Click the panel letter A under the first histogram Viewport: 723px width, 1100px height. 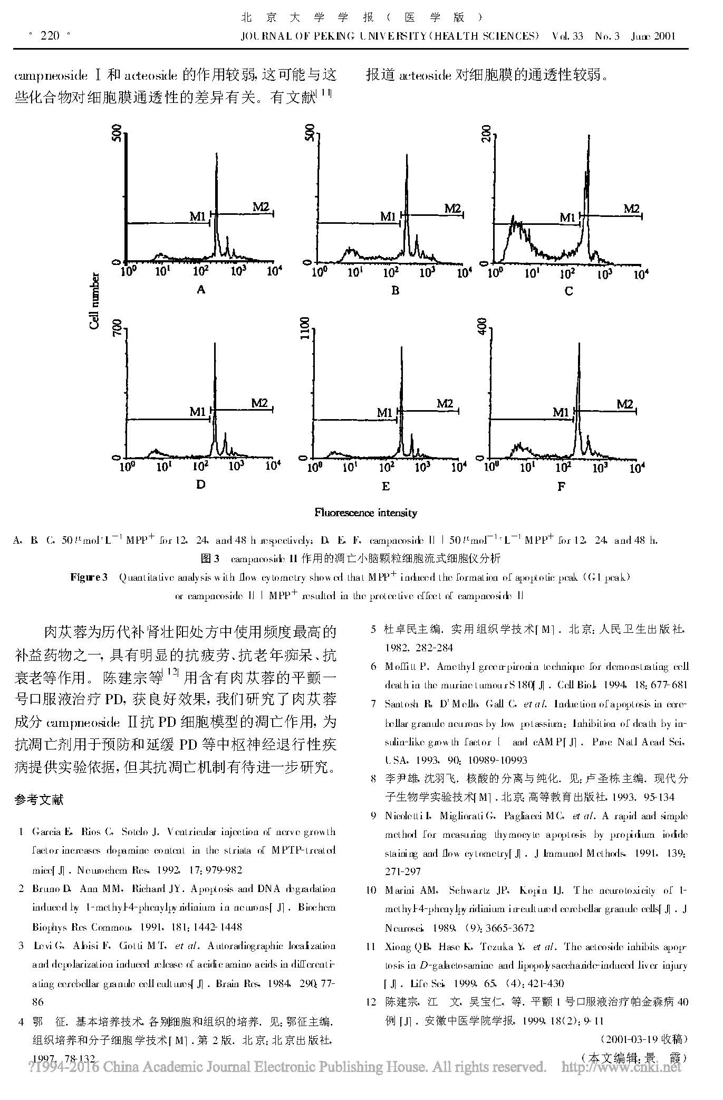200,289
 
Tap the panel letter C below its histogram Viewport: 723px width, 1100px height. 568,291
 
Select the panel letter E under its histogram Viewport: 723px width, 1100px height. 385,486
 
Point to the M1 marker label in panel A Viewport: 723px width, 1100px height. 198,216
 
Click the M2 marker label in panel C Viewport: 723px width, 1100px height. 631,208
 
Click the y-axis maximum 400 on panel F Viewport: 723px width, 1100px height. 481,328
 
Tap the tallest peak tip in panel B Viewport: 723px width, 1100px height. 406,155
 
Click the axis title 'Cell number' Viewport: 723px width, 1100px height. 94,301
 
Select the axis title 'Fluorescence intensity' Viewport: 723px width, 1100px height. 365,513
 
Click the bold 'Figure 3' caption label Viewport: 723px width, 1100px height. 89,577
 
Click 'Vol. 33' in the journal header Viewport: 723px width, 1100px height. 567,36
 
